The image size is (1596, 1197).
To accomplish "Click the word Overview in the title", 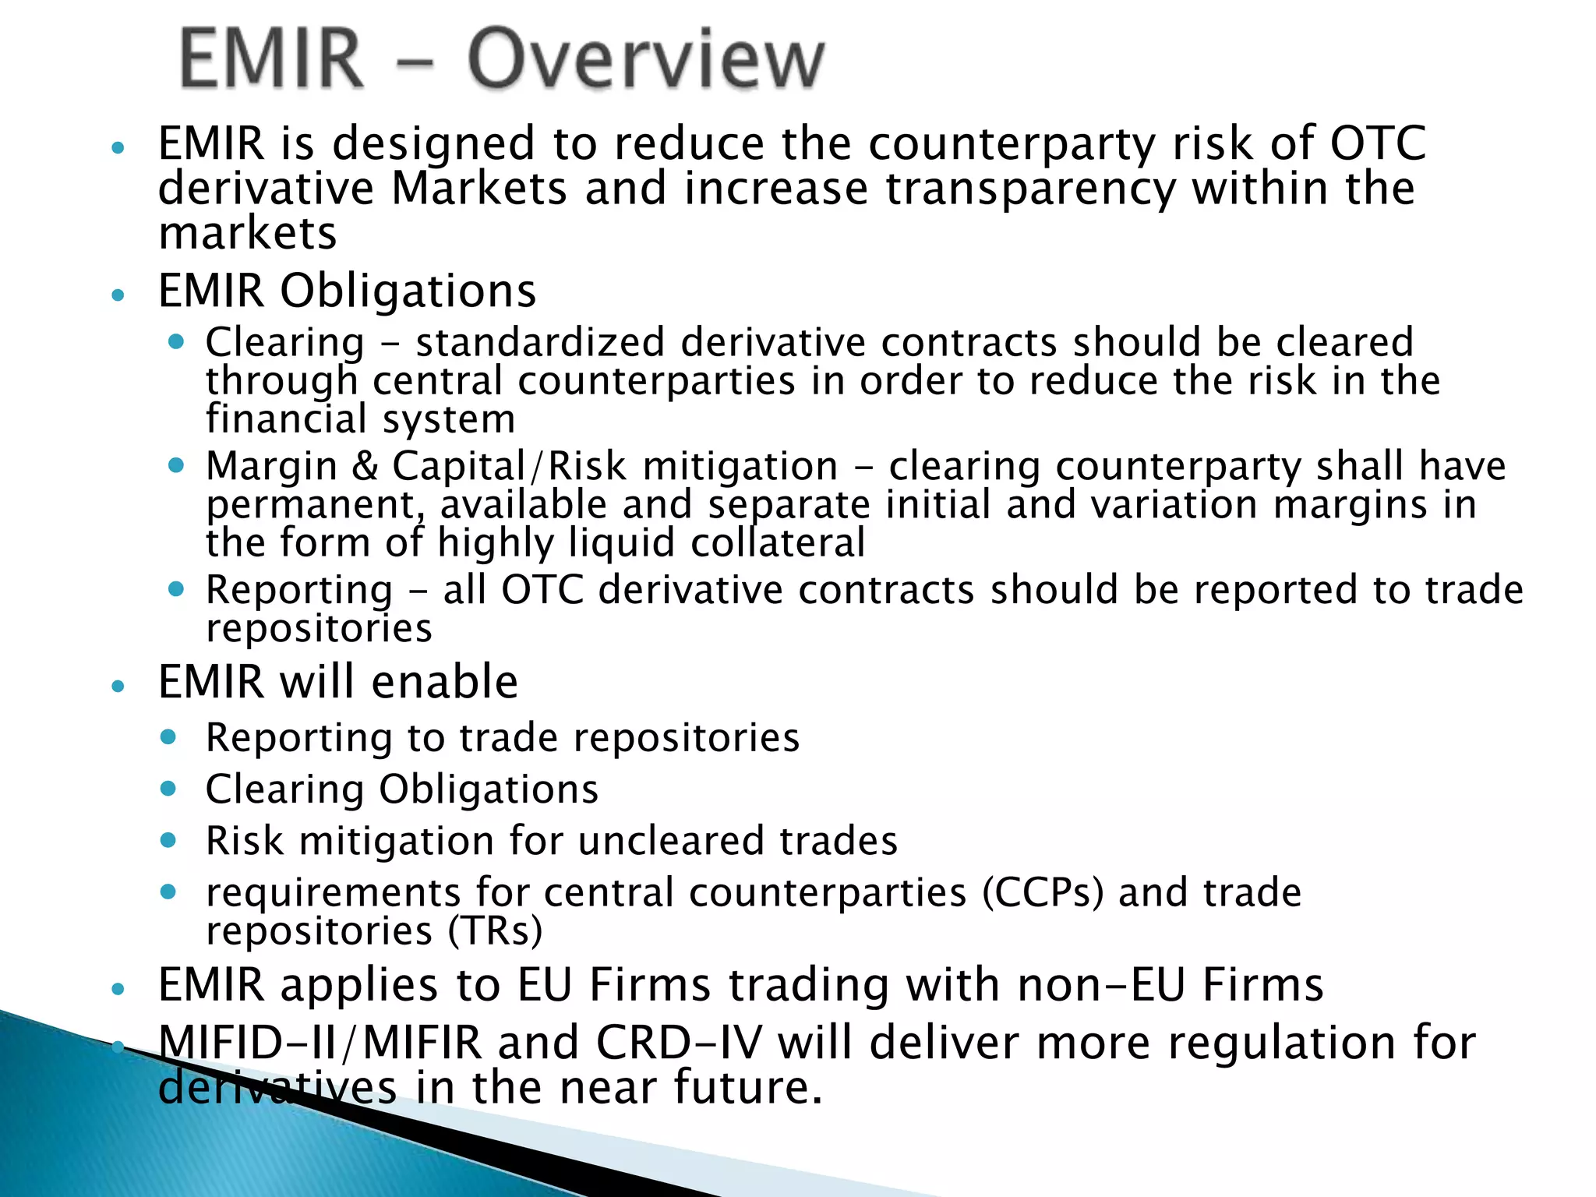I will coord(645,58).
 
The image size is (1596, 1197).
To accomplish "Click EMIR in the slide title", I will coord(271,58).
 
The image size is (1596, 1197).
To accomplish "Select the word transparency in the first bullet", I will coord(1030,189).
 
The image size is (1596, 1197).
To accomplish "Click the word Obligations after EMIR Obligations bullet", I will coord(408,291).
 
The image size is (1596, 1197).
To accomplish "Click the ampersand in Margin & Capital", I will coord(365,466).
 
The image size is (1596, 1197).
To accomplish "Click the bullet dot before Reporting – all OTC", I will coord(176,589).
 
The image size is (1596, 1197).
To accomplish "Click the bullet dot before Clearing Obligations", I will coord(168,788).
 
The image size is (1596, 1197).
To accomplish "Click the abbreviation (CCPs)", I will coord(1042,892).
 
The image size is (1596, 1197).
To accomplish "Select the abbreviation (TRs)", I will coord(495,930).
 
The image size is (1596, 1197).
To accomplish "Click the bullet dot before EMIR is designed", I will coord(118,147).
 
